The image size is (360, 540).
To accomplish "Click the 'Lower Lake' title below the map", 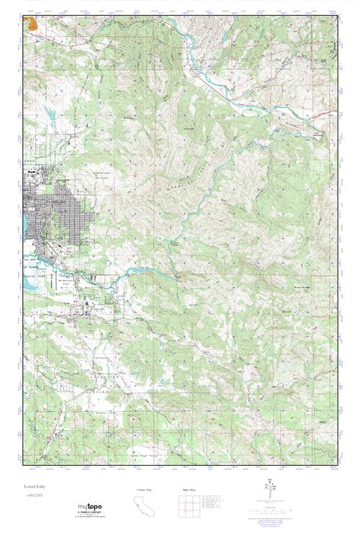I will click(x=35, y=487).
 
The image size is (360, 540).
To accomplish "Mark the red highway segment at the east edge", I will click(x=325, y=114).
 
